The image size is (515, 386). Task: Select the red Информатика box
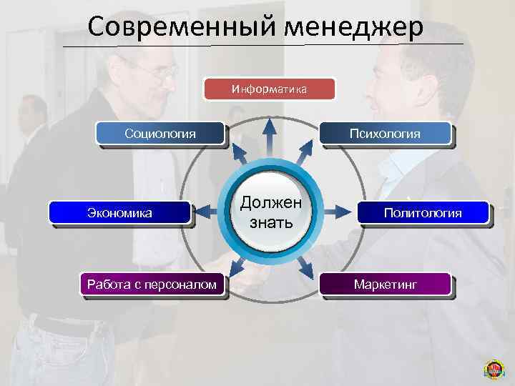click(270, 89)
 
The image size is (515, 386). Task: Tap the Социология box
click(160, 133)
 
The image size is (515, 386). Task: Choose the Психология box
click(385, 133)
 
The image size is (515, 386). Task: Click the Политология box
click(422, 212)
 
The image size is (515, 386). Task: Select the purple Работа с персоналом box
click(152, 284)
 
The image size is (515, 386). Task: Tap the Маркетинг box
click(385, 284)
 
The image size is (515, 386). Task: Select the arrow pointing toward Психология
click(305, 151)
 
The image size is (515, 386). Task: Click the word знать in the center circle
click(270, 222)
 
